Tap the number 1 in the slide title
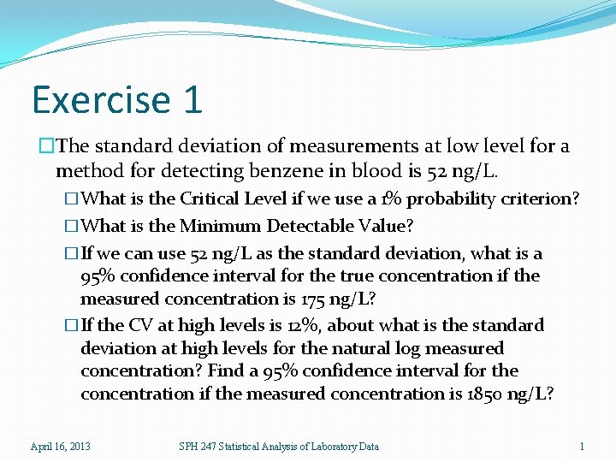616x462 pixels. point(192,99)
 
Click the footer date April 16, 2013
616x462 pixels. point(61,446)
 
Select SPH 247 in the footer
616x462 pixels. point(198,446)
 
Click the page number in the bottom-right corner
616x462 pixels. point(582,446)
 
